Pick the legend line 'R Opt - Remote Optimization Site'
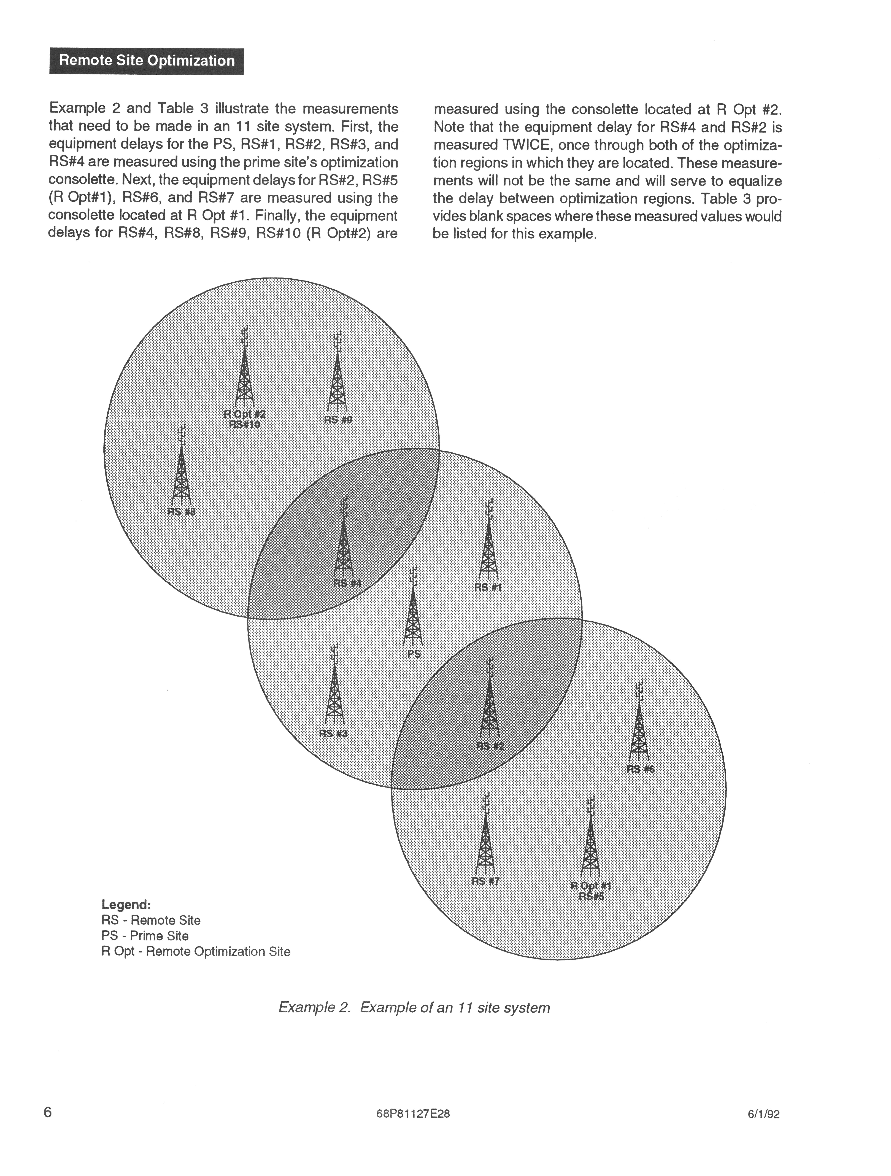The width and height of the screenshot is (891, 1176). (x=196, y=951)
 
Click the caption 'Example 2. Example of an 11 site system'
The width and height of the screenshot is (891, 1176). (x=414, y=1007)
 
